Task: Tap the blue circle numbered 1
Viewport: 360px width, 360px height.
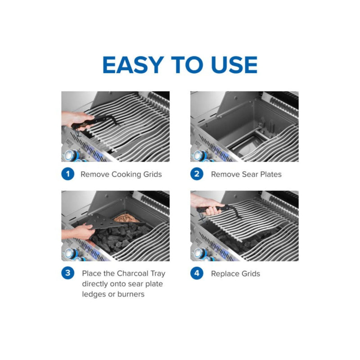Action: (x=67, y=174)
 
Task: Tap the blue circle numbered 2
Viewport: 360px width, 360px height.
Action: (x=197, y=174)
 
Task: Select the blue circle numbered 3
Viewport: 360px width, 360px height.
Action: (x=67, y=273)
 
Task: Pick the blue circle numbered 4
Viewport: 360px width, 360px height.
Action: (x=197, y=273)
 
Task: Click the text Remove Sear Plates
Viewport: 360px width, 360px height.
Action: (x=246, y=174)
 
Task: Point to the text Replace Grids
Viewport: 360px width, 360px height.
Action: (x=235, y=273)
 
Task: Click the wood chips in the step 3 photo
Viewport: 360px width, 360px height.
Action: (x=125, y=218)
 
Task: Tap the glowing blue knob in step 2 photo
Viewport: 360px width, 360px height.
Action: (x=198, y=156)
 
